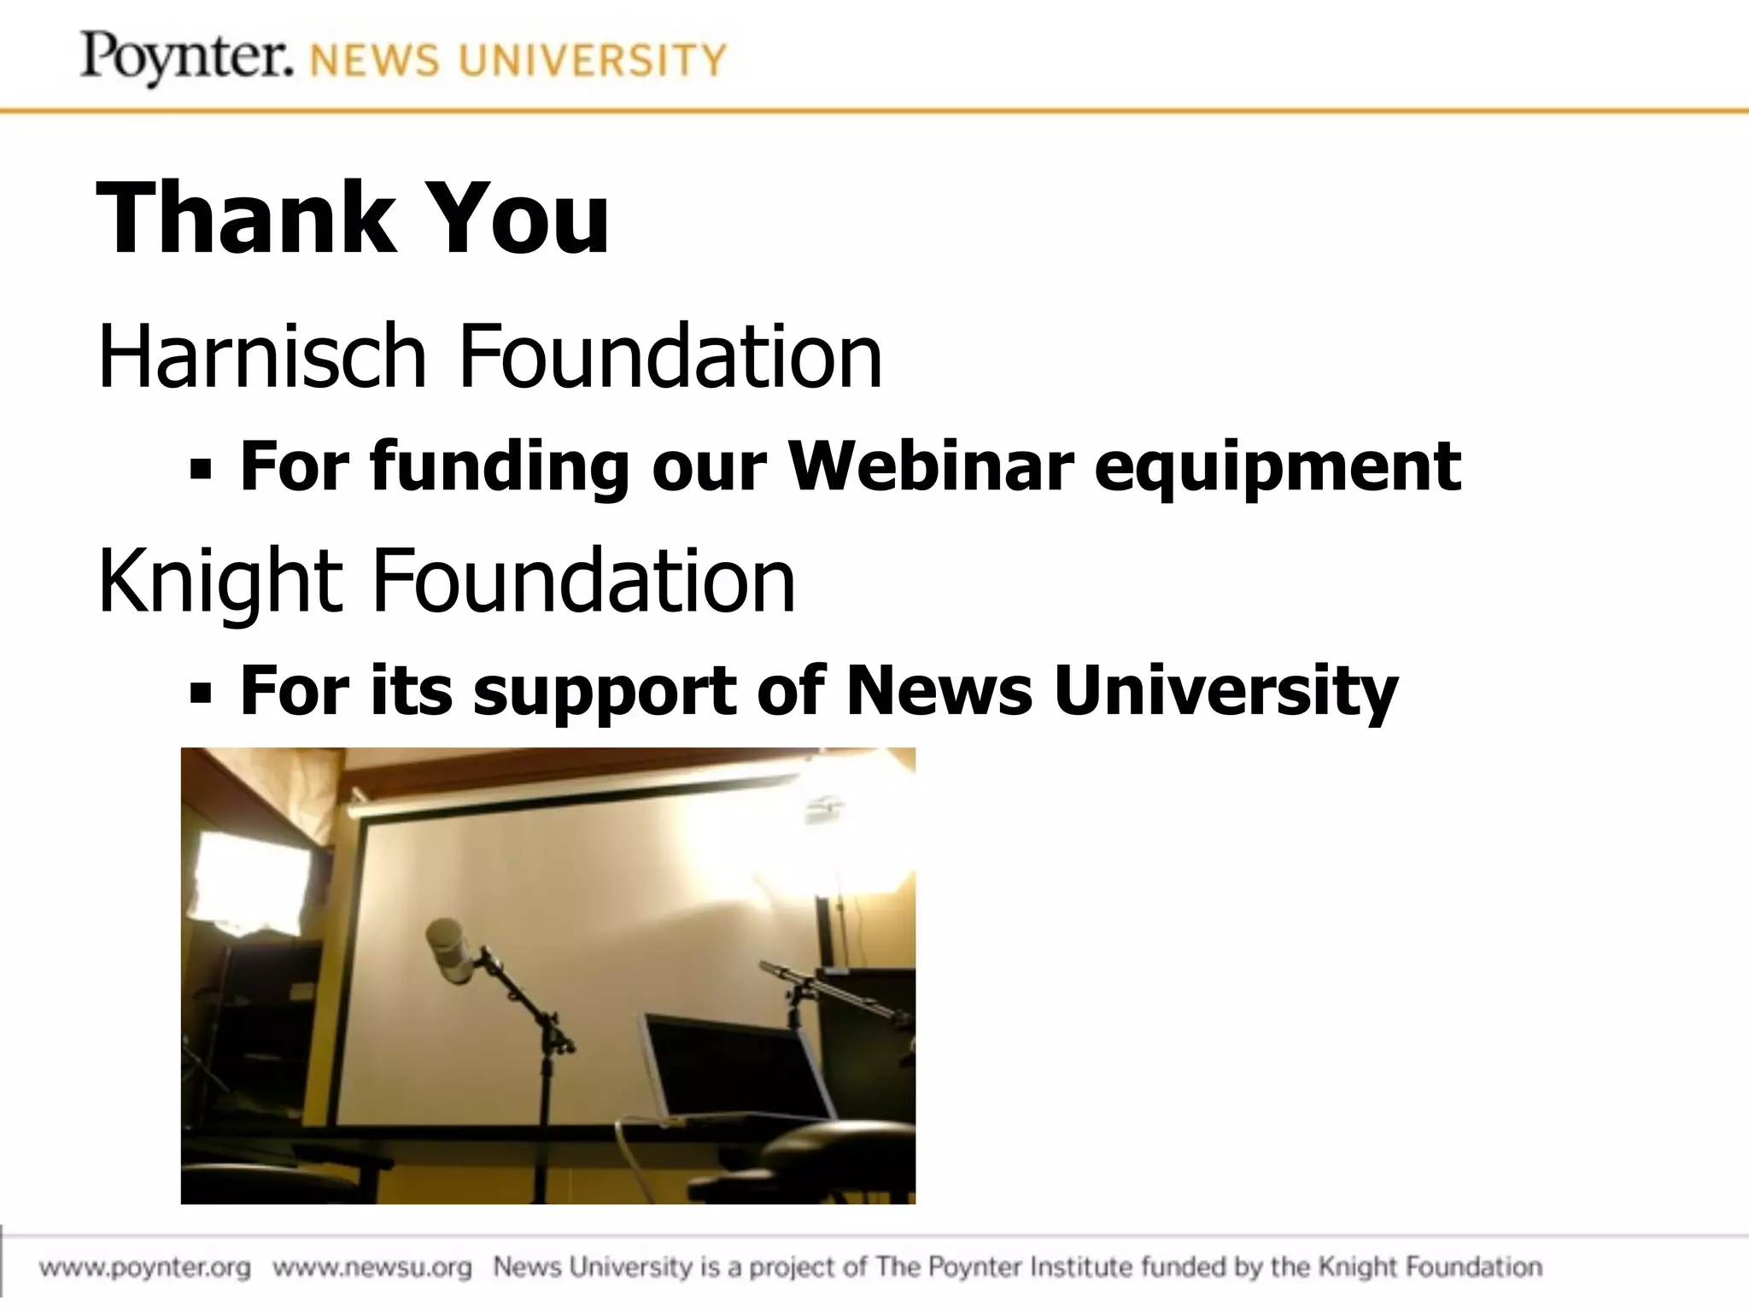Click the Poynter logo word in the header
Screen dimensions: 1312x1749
pos(186,58)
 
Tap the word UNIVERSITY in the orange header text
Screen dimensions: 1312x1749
pos(593,61)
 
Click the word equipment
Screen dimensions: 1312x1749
pos(1278,468)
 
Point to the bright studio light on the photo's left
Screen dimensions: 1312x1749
pos(249,884)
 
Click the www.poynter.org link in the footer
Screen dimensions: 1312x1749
pos(145,1267)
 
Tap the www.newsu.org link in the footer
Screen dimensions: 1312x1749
pos(372,1267)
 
